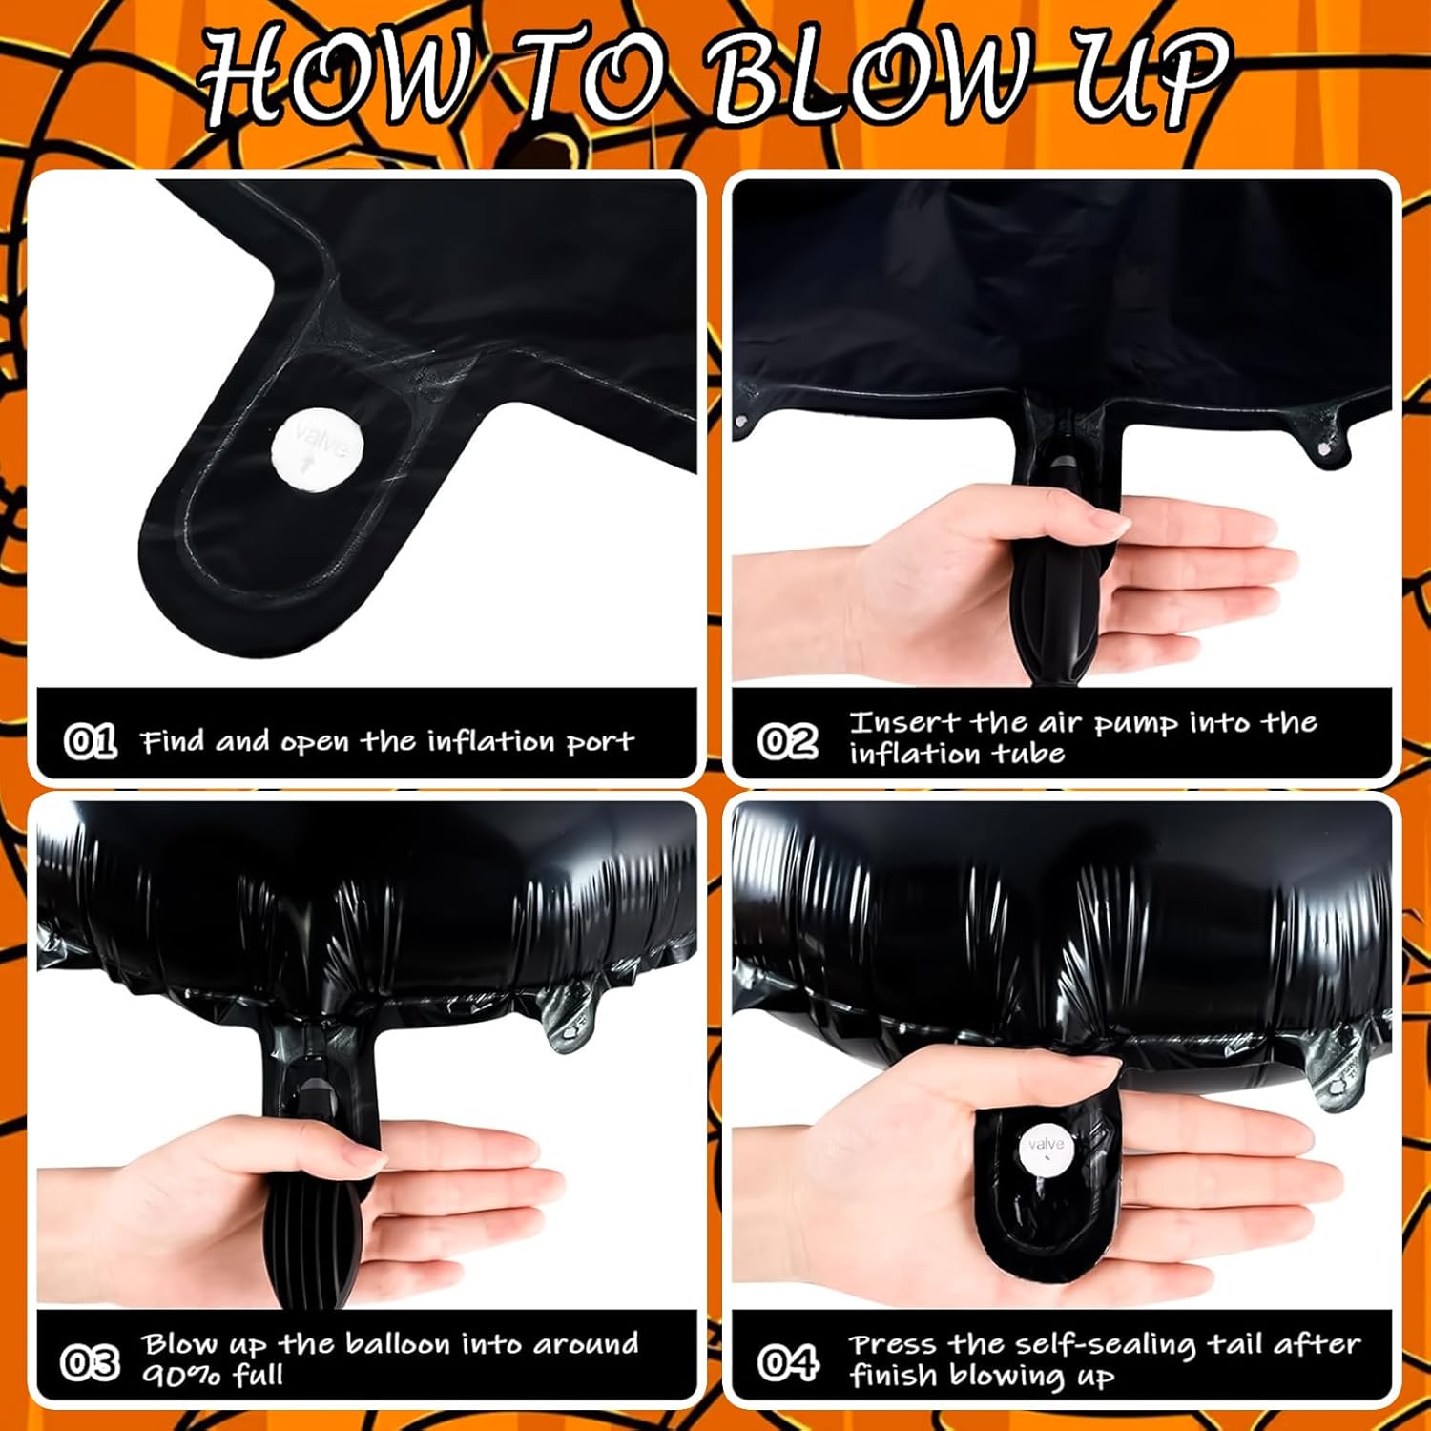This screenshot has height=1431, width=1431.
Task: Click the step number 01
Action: [x=90, y=741]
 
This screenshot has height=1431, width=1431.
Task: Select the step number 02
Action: [x=787, y=741]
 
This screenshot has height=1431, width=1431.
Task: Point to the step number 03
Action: [x=90, y=1362]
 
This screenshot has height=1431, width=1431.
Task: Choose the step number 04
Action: [x=787, y=1362]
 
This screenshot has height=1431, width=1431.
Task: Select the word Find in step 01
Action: [x=174, y=741]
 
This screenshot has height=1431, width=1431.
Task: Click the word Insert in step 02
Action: [x=903, y=722]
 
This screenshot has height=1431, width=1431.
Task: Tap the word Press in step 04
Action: [x=894, y=1344]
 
